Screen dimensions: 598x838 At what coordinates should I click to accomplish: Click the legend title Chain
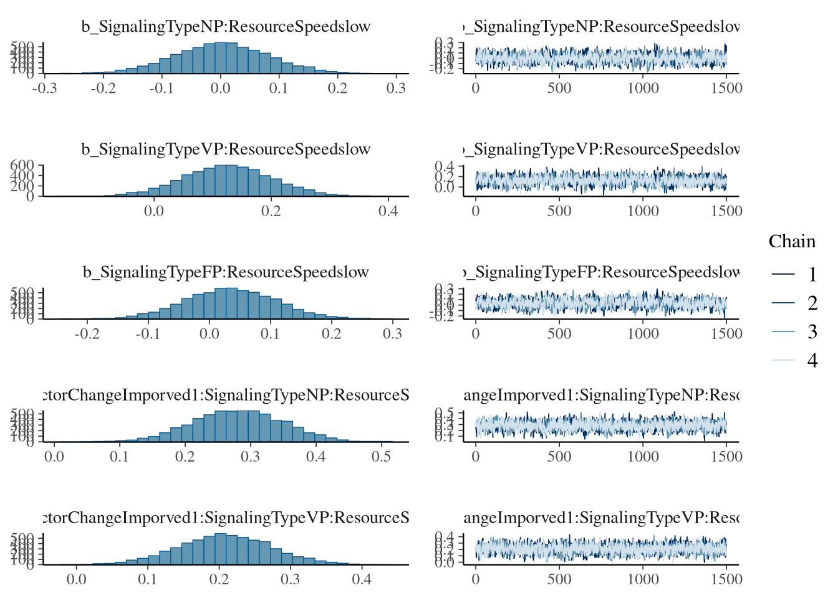point(791,242)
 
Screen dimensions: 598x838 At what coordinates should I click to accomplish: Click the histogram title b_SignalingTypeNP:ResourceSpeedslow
point(226,27)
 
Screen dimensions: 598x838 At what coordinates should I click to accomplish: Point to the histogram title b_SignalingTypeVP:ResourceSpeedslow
point(226,149)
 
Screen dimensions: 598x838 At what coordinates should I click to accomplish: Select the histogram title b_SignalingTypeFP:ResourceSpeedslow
point(226,272)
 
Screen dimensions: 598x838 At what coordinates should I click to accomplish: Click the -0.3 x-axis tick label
point(44,88)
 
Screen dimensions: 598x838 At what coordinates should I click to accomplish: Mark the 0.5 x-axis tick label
point(382,457)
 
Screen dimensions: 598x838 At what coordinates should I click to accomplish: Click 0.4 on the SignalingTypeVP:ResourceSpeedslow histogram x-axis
point(388,211)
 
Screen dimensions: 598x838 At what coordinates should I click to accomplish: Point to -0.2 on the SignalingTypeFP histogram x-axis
point(87,334)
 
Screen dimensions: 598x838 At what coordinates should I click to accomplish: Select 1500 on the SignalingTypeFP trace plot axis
point(726,334)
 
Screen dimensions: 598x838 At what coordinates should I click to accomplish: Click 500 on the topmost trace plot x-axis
point(559,88)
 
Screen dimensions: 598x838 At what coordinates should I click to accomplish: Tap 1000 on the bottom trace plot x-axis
point(643,579)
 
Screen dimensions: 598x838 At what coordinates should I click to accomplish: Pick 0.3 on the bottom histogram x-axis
point(290,579)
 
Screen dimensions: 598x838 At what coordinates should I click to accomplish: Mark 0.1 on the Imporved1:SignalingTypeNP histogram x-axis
point(119,457)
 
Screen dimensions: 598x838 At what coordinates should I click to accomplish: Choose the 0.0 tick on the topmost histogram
point(220,88)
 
